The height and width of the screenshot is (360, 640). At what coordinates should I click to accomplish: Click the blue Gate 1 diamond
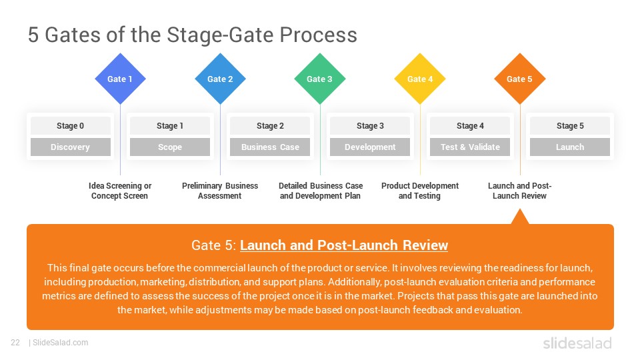pyautogui.click(x=120, y=79)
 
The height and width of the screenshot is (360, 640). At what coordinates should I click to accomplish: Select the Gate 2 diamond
pyautogui.click(x=220, y=79)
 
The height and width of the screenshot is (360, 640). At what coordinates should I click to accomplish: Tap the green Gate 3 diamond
pyautogui.click(x=320, y=79)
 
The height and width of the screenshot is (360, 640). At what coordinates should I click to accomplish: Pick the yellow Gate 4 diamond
pyautogui.click(x=420, y=79)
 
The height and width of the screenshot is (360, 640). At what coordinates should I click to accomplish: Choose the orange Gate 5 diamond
pyautogui.click(x=520, y=79)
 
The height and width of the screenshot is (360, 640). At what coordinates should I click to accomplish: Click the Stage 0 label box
pyautogui.click(x=70, y=126)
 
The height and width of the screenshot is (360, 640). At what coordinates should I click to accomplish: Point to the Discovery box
pyautogui.click(x=70, y=147)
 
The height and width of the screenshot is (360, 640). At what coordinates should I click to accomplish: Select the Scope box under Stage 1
pyautogui.click(x=170, y=147)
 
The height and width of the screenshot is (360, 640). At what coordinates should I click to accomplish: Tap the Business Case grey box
pyautogui.click(x=270, y=147)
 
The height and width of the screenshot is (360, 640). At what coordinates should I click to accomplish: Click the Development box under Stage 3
pyautogui.click(x=370, y=147)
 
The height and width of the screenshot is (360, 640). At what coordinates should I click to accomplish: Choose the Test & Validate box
pyautogui.click(x=470, y=147)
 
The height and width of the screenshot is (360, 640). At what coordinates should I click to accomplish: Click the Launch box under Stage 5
pyautogui.click(x=570, y=147)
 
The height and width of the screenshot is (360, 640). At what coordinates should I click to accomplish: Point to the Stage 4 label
pyautogui.click(x=470, y=126)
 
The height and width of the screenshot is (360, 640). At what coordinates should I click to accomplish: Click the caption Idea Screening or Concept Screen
pyautogui.click(x=120, y=191)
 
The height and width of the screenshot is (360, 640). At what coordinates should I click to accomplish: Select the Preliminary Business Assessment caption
pyautogui.click(x=220, y=191)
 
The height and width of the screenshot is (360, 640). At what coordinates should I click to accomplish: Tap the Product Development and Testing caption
pyautogui.click(x=420, y=191)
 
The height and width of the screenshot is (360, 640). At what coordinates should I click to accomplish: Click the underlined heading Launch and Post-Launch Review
pyautogui.click(x=344, y=245)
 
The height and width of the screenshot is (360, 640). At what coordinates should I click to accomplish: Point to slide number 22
pyautogui.click(x=15, y=343)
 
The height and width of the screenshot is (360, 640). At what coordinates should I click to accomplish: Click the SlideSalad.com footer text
pyautogui.click(x=60, y=343)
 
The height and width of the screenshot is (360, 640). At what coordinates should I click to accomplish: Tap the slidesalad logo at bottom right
pyautogui.click(x=577, y=343)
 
